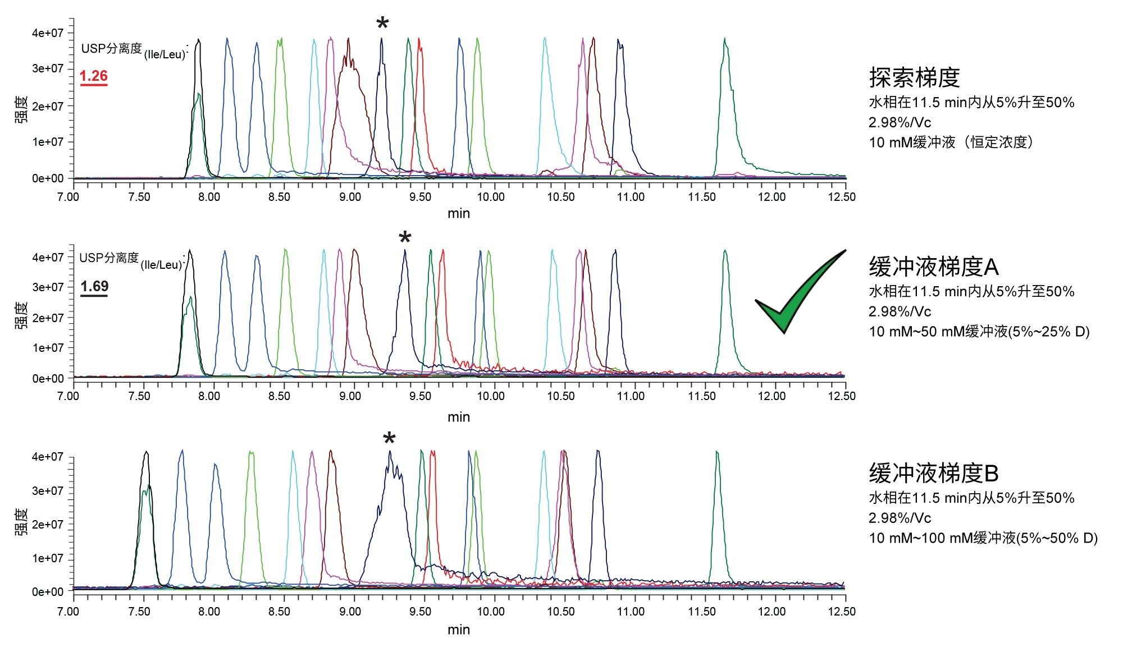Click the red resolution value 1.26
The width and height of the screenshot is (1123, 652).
[x=94, y=76]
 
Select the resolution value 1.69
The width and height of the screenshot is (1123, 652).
[x=94, y=287]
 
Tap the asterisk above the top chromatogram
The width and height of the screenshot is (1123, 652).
[x=382, y=24]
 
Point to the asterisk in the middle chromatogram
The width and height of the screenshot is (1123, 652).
[x=405, y=238]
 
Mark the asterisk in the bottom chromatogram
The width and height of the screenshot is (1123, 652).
[x=389, y=439]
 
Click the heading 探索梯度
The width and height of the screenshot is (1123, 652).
[x=914, y=77]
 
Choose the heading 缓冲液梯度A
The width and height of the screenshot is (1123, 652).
[x=934, y=267]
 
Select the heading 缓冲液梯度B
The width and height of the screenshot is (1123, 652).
[x=934, y=474]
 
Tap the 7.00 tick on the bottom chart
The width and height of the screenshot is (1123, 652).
[x=69, y=611]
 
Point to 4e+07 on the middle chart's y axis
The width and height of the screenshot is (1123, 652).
[x=48, y=258]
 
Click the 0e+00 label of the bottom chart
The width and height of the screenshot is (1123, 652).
[x=48, y=591]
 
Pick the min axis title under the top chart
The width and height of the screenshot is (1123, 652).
[x=459, y=213]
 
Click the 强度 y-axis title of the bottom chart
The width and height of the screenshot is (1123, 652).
[x=21, y=522]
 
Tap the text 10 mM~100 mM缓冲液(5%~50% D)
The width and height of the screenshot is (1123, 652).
[x=983, y=538]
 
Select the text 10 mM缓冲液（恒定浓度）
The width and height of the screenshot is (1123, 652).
[x=951, y=142]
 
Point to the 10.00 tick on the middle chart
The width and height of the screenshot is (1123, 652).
[x=491, y=396]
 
